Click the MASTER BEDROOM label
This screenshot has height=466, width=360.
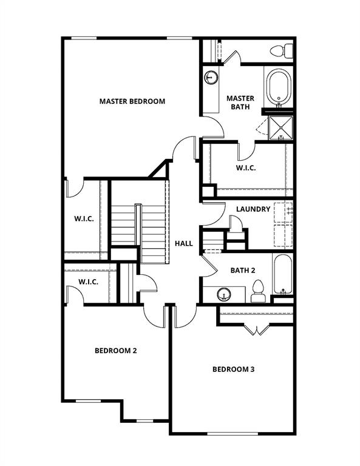click(132, 101)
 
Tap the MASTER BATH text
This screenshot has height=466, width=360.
click(240, 103)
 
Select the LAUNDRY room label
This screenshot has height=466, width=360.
click(253, 209)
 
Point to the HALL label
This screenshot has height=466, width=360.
click(184, 243)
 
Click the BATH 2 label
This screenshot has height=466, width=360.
click(242, 270)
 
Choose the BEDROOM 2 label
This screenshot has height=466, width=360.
click(115, 350)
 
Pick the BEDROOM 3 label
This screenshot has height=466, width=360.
click(233, 369)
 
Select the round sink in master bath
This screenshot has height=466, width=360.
click(211, 77)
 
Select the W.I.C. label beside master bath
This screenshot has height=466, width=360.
click(245, 168)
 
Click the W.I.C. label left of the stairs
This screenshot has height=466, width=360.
click(84, 218)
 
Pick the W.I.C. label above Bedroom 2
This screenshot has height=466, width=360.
click(88, 282)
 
